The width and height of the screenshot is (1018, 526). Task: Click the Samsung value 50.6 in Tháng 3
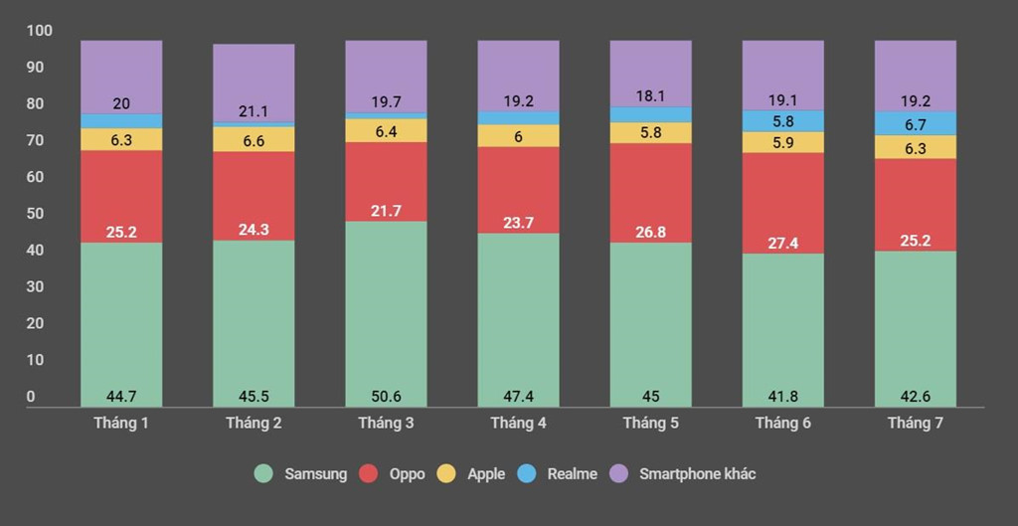(386, 397)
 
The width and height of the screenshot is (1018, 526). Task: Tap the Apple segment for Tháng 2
(254, 140)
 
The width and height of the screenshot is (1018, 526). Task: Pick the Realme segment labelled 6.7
(915, 123)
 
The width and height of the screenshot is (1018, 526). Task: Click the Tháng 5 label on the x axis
(650, 424)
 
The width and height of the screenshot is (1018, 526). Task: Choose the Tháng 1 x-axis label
(121, 424)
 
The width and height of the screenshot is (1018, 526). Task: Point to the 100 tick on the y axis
(38, 31)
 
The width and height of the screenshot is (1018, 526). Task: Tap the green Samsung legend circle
(263, 474)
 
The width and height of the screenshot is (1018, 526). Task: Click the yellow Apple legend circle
(446, 474)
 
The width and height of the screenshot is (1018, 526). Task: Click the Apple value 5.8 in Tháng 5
(650, 132)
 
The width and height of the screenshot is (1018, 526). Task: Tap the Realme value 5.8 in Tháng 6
(782, 121)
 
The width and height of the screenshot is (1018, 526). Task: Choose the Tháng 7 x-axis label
(915, 424)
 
